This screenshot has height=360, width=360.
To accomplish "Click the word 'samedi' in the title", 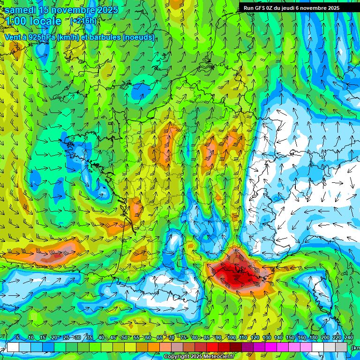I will pos(21,10).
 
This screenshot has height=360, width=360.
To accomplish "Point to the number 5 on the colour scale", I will pos(17,337).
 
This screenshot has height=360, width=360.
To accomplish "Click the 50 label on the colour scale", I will pos(124,337).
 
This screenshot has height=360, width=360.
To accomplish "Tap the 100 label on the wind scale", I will pos(231,337).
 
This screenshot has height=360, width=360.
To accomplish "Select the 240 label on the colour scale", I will pos(349,337).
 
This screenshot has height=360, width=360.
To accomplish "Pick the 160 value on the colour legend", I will pos(302,337).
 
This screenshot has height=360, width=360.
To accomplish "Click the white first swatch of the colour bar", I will pos(13,347).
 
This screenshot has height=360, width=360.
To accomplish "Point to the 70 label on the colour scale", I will pos(172,337).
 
